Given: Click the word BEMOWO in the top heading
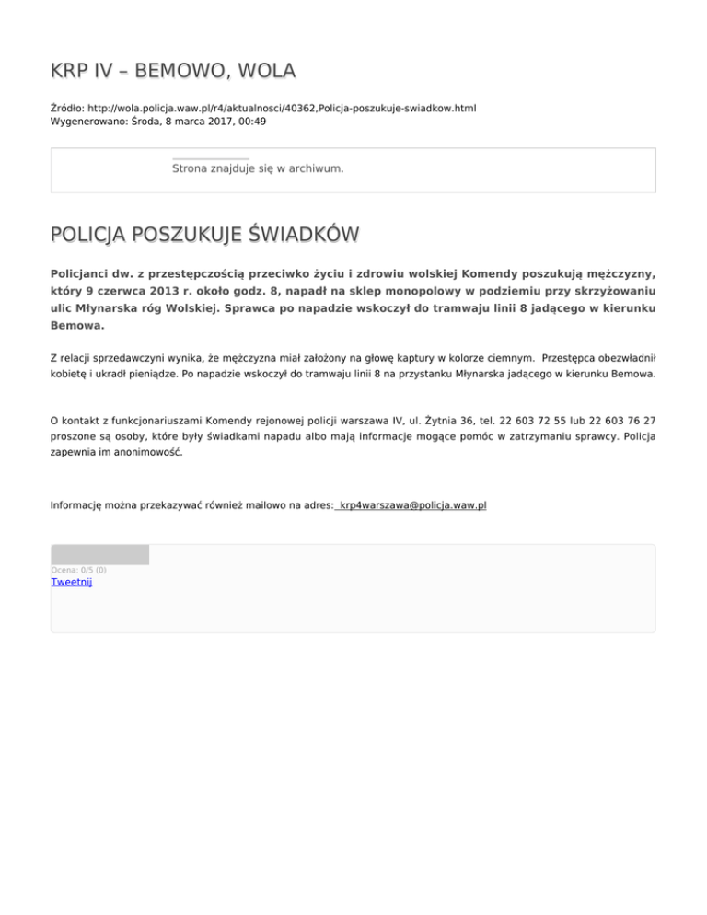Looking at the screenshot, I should point(185,71).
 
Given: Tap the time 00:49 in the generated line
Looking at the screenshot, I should point(251,121).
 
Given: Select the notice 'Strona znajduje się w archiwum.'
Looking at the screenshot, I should point(258,168).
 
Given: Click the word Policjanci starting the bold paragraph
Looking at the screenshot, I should point(88,274).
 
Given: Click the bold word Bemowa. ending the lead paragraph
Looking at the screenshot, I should point(78,326).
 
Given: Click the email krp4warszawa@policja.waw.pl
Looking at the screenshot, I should point(411,505).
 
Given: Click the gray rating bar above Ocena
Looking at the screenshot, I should point(99,554).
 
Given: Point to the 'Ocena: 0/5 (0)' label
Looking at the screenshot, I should point(78,570).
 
